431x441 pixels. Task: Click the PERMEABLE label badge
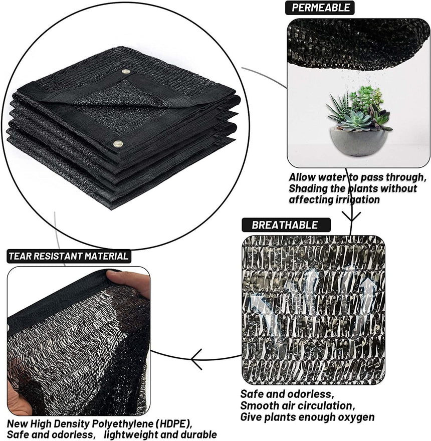pyautogui.click(x=320, y=8)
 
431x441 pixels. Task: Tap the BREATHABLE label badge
pyautogui.click(x=284, y=225)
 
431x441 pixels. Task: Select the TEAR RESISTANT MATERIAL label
pyautogui.click(x=69, y=256)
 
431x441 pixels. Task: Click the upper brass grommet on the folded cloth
pyautogui.click(x=125, y=72)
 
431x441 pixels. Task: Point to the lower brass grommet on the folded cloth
pyautogui.click(x=118, y=144)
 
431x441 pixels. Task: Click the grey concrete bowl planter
pyautogui.click(x=359, y=142)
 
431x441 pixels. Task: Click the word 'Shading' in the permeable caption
pyautogui.click(x=312, y=188)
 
